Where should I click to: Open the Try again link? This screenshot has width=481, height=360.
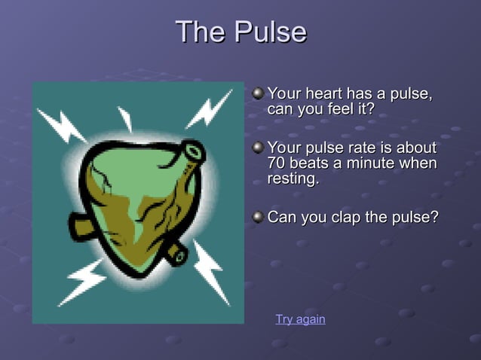(x=300, y=319)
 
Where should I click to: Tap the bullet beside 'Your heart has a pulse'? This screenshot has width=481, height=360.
(x=259, y=94)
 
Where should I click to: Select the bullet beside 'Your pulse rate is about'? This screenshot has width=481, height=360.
(x=259, y=147)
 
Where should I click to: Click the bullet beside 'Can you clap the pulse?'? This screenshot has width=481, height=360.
(x=259, y=218)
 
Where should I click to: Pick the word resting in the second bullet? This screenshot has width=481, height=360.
(x=293, y=180)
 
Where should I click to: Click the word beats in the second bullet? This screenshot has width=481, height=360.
(x=311, y=163)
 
